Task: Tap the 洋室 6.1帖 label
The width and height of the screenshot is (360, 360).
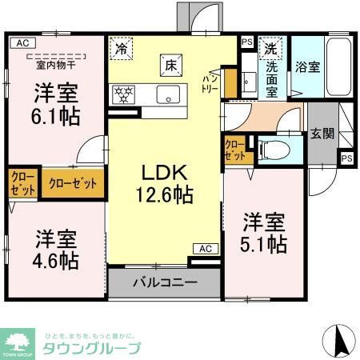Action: pos(55,103)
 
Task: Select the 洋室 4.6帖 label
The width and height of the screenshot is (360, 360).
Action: pos(55,249)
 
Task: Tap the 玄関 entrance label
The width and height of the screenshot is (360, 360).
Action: pos(322,134)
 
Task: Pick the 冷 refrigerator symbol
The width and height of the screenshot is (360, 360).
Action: pos(121,48)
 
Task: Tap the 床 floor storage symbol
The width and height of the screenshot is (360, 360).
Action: pos(170,63)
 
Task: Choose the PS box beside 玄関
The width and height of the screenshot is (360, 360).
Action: pos(346,158)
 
